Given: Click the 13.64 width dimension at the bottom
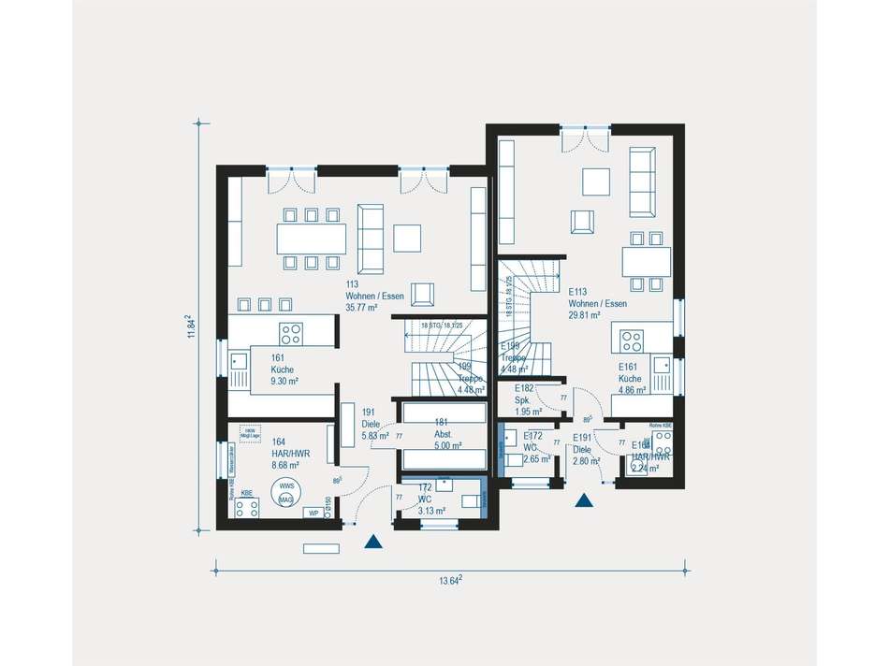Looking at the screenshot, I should coord(451,580).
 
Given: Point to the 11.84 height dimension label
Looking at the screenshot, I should coord(191,327).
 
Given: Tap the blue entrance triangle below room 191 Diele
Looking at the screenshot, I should coord(373,541).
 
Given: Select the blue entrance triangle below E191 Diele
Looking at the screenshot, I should coord(585,501).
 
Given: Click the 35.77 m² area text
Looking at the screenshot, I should coord(362,308).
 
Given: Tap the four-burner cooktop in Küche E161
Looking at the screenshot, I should coord(633,340).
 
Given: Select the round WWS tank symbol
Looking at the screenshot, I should coord(285,493).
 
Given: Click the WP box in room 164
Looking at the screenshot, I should coord(314,514).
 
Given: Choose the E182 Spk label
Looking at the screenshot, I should coord(523,399).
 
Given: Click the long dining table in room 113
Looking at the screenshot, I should coord(311,239).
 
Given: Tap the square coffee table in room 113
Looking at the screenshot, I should coord(407,238).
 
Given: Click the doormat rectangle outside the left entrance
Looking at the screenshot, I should coord(321,548).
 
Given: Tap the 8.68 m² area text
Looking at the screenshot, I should coord(285,465).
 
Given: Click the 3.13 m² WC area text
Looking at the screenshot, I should coord(431,511).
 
